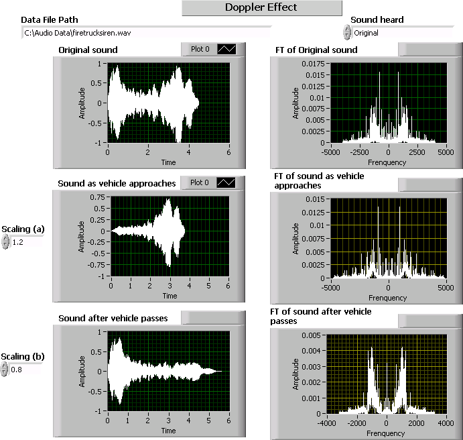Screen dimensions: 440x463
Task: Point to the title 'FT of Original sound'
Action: [316, 50]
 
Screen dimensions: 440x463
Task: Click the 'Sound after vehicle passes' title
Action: [113, 317]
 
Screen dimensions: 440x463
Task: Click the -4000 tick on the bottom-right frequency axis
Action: [328, 424]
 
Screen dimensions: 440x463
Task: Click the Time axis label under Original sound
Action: [169, 162]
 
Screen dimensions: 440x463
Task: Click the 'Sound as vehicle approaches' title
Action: [117, 183]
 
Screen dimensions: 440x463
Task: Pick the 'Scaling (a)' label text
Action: [23, 229]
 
